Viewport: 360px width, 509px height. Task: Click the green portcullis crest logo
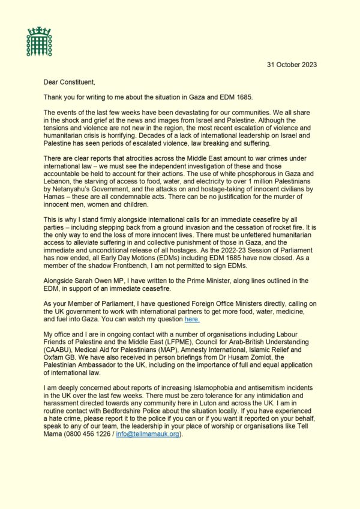point(39,41)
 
